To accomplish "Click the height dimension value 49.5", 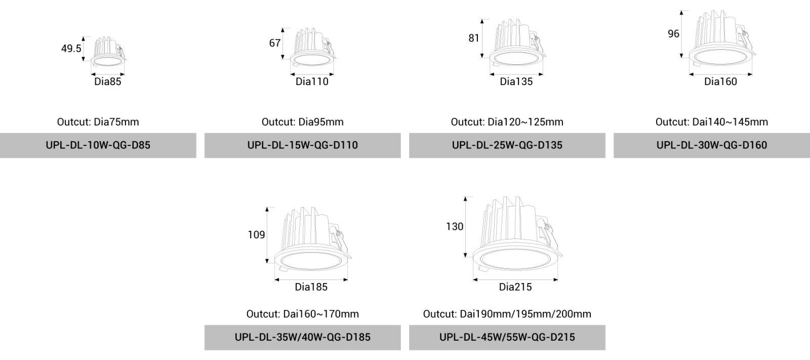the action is click(71, 49).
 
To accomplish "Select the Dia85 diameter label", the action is click(108, 82).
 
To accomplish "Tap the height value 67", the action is click(275, 43).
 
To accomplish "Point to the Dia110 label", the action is click(312, 82).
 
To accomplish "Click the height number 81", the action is click(474, 38).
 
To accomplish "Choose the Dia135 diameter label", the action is click(516, 82).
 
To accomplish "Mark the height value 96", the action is click(673, 33).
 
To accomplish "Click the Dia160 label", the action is click(720, 82).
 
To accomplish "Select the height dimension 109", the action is click(256, 235).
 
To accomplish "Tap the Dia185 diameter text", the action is click(311, 287).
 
